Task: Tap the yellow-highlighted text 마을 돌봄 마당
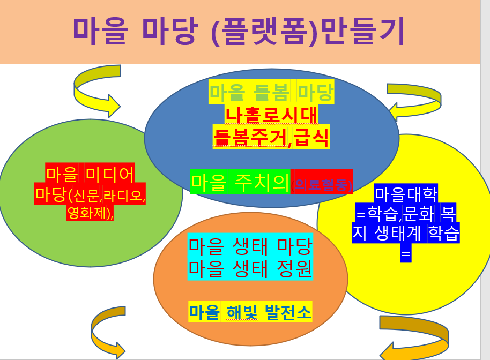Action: (x=271, y=93)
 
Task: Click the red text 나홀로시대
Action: (x=271, y=115)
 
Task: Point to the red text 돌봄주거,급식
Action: (x=271, y=138)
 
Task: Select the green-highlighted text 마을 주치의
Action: (x=241, y=183)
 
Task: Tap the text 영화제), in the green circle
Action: (x=90, y=213)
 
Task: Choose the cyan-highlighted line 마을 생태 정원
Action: (x=250, y=268)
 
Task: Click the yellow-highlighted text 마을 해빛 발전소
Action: (x=250, y=312)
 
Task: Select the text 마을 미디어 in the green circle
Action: (x=90, y=174)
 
